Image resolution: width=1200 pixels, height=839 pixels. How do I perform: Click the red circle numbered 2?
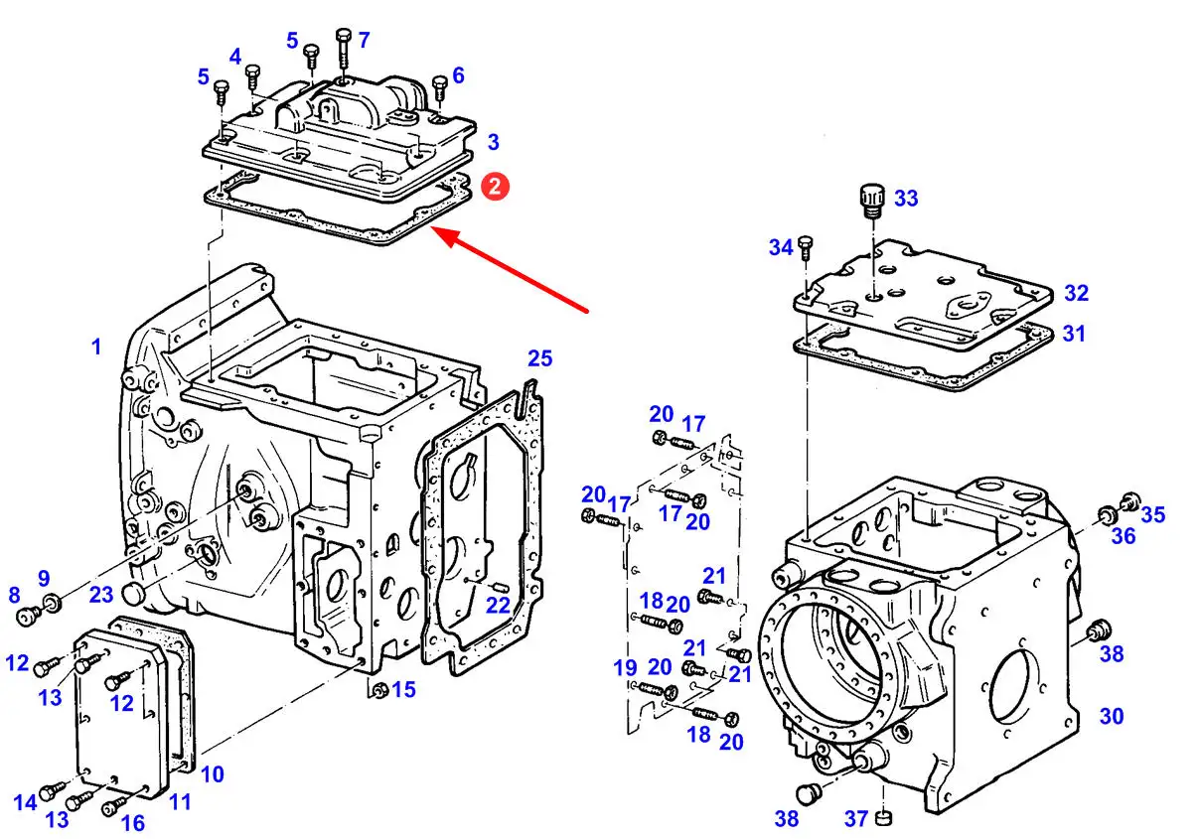(x=495, y=187)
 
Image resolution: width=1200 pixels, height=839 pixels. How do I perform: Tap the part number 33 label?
(x=906, y=199)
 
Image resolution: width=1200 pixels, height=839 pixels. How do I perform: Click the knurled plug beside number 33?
(x=871, y=201)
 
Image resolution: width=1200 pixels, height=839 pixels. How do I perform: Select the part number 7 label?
(x=364, y=40)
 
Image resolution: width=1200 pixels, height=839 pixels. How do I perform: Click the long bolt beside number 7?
(x=344, y=54)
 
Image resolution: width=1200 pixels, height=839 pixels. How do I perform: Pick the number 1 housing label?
(x=96, y=347)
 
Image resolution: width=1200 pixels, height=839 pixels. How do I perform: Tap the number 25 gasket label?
(x=539, y=358)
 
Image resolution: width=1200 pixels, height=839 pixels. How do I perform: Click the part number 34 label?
(x=781, y=248)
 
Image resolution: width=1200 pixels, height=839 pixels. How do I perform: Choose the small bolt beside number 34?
(x=806, y=248)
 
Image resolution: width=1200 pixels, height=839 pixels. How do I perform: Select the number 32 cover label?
(x=1077, y=294)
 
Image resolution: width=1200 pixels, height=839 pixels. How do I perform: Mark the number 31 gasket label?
(x=1074, y=334)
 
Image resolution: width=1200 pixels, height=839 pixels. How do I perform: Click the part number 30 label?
(x=1111, y=717)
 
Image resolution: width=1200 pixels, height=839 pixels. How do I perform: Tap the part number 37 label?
(x=856, y=819)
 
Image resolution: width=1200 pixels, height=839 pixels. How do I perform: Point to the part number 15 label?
(x=403, y=690)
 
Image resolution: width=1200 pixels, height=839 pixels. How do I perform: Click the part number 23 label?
(x=101, y=595)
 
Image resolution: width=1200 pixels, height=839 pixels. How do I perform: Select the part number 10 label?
(x=213, y=774)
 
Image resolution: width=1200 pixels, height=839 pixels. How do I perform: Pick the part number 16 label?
(x=132, y=823)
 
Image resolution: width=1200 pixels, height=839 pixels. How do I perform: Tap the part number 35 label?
(x=1153, y=515)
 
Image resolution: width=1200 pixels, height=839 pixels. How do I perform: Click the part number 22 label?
(x=498, y=606)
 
